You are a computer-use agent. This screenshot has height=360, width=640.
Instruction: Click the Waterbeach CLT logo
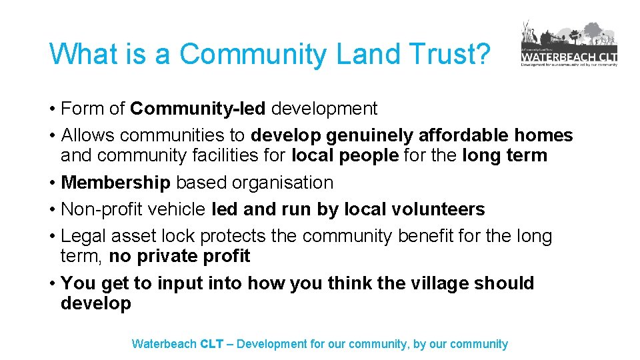(569, 44)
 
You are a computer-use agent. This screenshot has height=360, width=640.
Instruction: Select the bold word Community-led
(198, 109)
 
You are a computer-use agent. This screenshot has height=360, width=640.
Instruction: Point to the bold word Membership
(116, 183)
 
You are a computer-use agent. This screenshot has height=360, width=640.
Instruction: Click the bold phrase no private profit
(179, 256)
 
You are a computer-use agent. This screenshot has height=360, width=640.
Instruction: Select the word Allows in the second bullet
(88, 136)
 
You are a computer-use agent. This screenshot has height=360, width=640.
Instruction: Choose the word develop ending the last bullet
(96, 304)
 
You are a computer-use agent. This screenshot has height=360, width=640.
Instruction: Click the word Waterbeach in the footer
(164, 344)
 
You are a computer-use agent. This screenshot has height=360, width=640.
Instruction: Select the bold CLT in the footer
(212, 344)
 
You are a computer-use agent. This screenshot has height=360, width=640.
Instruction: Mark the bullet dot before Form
(52, 109)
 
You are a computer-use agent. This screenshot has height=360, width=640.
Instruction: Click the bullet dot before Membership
(52, 183)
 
